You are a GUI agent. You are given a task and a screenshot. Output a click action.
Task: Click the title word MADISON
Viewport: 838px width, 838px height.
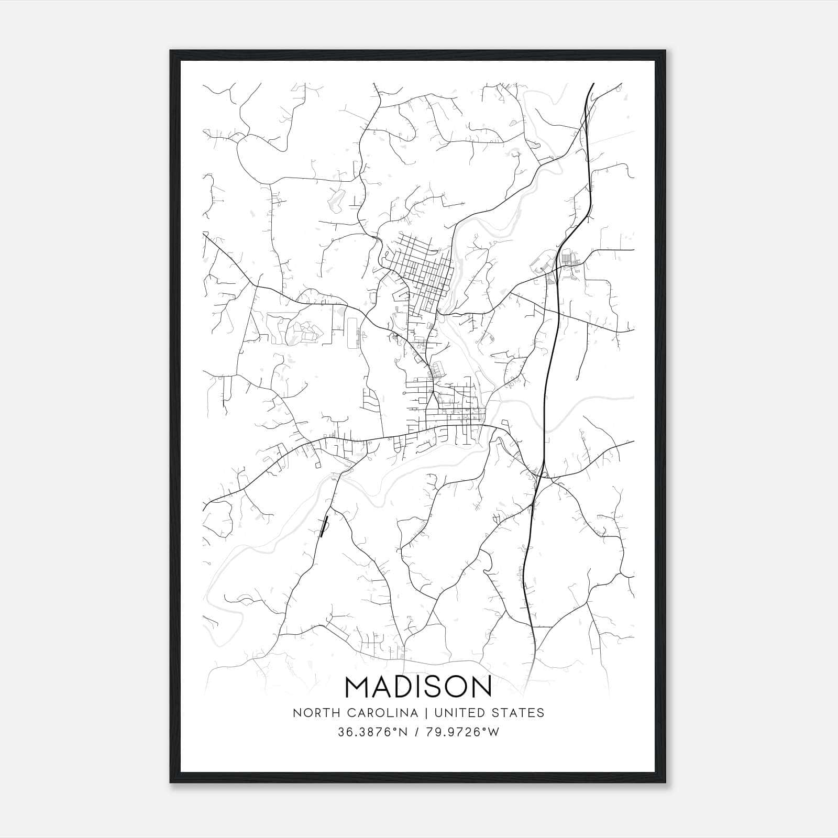click(x=418, y=687)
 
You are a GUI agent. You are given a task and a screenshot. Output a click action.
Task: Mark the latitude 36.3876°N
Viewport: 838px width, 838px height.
click(x=372, y=732)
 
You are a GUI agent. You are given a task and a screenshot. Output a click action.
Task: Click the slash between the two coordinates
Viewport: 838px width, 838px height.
click(x=417, y=732)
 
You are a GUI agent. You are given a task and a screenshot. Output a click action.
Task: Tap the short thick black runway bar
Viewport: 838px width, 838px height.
click(x=324, y=526)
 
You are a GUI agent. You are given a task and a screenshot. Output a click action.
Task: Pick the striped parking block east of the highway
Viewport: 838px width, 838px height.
click(x=566, y=259)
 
